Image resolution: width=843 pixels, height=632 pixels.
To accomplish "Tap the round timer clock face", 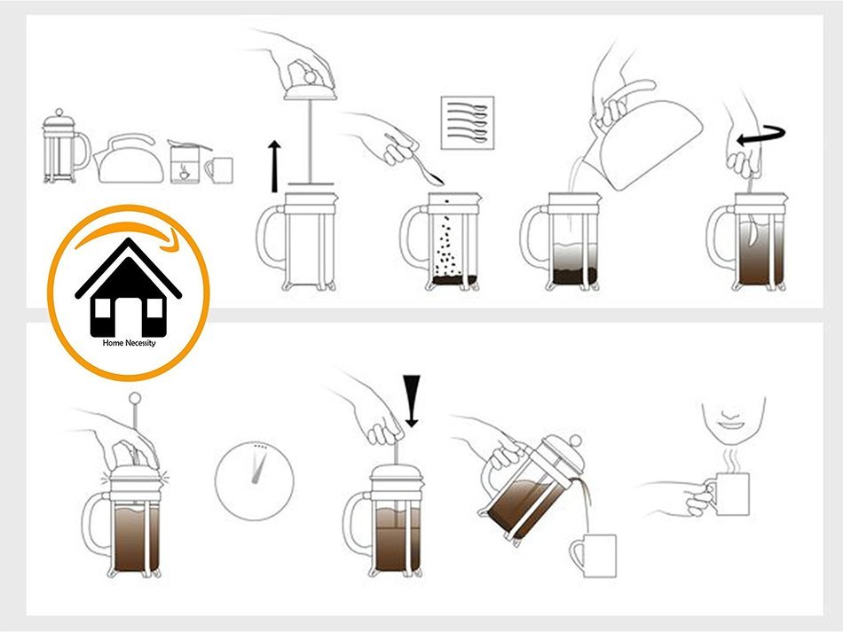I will pos(254,475).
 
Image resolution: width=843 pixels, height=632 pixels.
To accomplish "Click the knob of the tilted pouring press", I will pos(576,441).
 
